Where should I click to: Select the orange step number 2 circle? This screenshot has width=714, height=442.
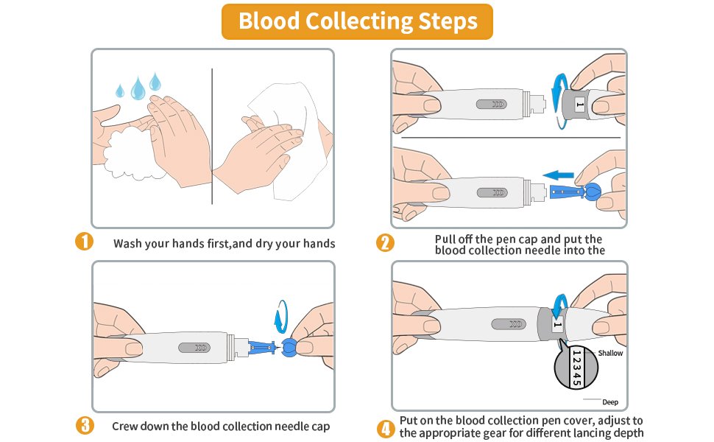tap(384, 242)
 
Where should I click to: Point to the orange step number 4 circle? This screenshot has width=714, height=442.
tap(384, 427)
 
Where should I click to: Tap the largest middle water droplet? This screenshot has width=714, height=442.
tap(138, 90)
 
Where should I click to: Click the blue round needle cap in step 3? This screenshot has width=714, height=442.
tap(289, 346)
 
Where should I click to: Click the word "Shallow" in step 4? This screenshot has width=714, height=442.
tap(610, 354)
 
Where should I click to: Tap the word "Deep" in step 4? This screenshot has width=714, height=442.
tap(610, 402)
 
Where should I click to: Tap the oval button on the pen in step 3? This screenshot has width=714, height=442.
tap(197, 347)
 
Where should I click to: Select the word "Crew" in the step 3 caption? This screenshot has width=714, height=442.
tap(126, 426)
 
